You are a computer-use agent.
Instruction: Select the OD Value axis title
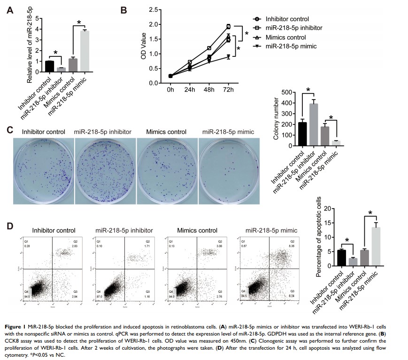(x=144, y=46)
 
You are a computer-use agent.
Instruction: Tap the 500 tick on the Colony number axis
(x=285, y=92)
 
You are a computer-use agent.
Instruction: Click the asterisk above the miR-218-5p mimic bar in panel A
(x=79, y=22)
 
